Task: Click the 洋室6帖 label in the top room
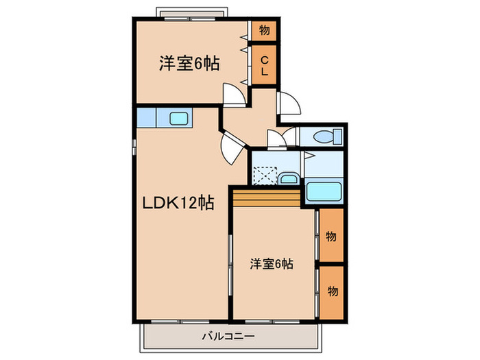pos(189,64)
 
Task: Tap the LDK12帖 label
pos(178,203)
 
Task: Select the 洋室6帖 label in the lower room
pos(272,263)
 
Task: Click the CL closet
pos(264,64)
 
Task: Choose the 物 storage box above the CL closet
pos(264,30)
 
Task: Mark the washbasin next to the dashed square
pos(289,180)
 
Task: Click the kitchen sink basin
pos(179,118)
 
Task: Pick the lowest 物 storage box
pos(331,291)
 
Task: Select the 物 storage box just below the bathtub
pos(331,237)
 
